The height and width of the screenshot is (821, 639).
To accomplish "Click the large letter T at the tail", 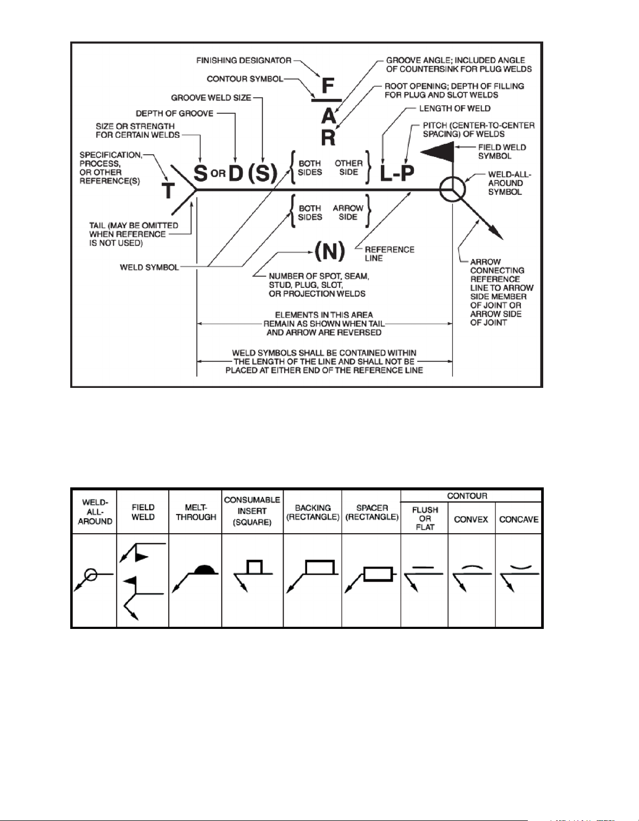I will (168, 189).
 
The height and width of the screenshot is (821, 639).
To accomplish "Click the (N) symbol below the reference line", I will (330, 251).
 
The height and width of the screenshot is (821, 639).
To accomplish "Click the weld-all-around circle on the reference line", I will (453, 189).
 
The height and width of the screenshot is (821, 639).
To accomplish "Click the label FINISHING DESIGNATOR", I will (244, 61).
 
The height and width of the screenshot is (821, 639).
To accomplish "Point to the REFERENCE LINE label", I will (389, 254).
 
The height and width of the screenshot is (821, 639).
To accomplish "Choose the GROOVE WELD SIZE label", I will (211, 98).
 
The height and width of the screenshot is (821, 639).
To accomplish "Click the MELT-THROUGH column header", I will (196, 512).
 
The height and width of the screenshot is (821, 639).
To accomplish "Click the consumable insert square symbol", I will (254, 567).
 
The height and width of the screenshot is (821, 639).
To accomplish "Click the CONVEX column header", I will (471, 519).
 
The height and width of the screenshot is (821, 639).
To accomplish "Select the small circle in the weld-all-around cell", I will (90, 575).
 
